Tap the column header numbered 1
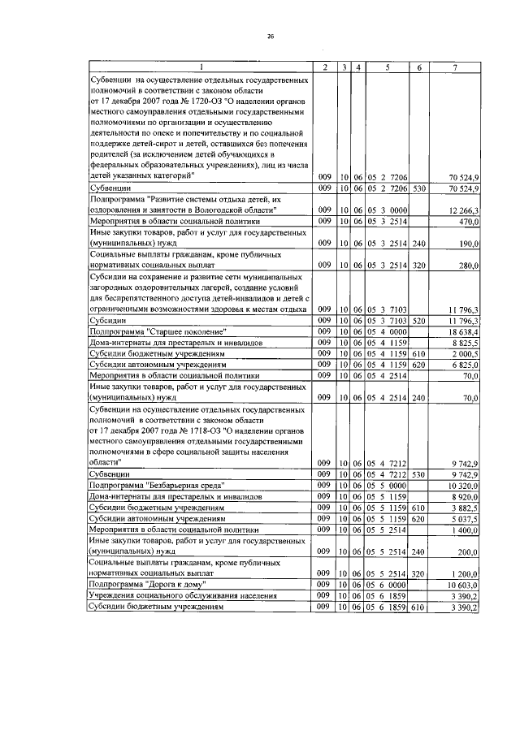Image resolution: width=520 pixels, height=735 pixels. [201, 67]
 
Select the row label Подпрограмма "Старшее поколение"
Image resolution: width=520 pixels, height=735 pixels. [157, 333]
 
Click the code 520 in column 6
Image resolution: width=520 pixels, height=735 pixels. [419, 322]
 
